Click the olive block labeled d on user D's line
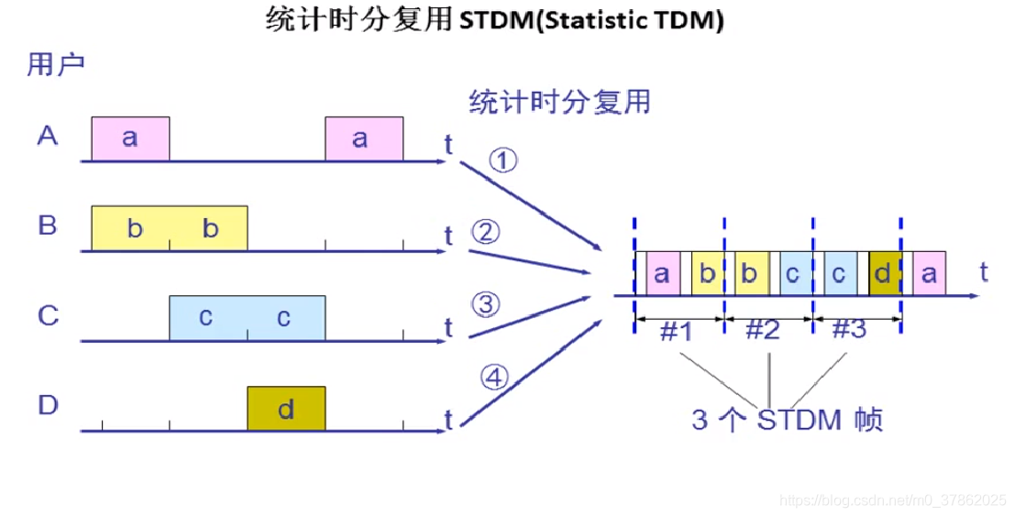[286, 409]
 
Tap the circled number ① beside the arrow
[503, 161]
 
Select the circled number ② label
[486, 233]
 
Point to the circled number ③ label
[486, 303]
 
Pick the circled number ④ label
[494, 376]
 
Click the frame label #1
[676, 332]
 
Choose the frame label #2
[763, 331]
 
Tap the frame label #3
[848, 331]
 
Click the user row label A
[48, 137]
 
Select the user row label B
[48, 225]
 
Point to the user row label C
[48, 316]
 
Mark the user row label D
[48, 406]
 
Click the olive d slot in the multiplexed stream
[885, 274]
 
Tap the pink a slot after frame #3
[930, 274]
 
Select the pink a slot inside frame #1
[663, 274]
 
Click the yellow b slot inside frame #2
[751, 274]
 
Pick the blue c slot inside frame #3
[840, 274]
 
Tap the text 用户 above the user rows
[56, 65]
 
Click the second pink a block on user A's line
[364, 138]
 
